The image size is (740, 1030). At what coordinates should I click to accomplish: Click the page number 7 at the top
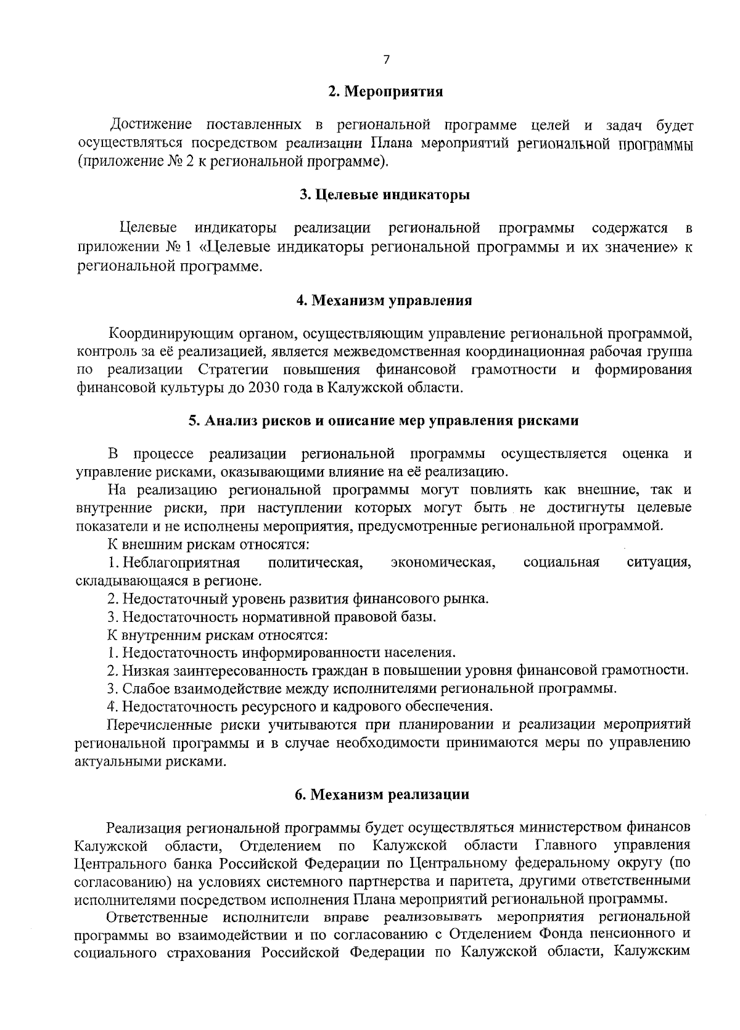point(387,60)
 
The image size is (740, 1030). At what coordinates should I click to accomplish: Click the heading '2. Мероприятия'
point(385,92)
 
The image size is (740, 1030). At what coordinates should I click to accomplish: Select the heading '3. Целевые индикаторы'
point(385,195)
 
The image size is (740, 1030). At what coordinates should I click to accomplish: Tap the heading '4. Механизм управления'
point(384,301)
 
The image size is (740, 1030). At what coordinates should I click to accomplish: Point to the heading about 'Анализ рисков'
point(384,421)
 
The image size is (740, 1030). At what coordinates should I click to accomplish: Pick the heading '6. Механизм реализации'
point(382,795)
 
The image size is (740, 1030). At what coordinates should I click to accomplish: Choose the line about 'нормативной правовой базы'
point(271,617)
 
